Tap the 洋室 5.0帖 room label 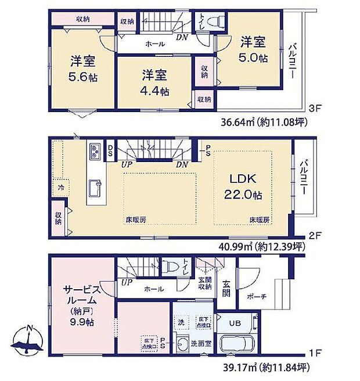253,49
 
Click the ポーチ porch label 256,296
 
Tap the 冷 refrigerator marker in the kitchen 60,188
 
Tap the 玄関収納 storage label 204,281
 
